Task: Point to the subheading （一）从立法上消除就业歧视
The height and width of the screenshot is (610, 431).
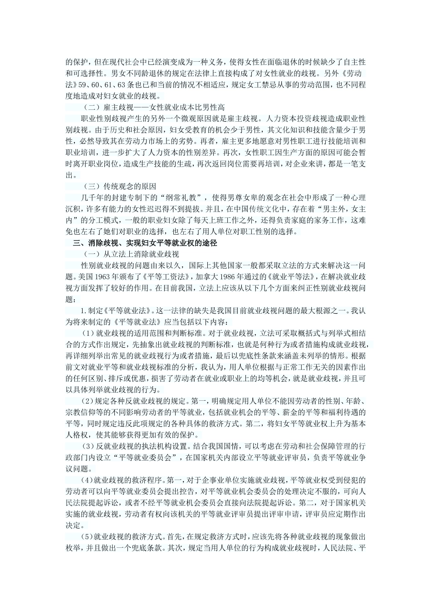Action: point(132,254)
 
